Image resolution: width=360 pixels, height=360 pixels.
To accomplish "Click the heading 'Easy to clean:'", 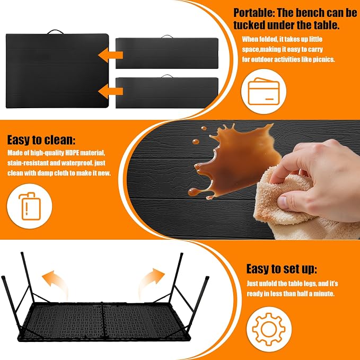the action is click(41, 139).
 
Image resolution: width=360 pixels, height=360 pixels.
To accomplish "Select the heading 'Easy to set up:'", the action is click(282, 269).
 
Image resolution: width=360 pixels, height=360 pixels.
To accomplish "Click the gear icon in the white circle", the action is click(269, 329).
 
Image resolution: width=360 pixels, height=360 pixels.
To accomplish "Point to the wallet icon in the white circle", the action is click(264, 91).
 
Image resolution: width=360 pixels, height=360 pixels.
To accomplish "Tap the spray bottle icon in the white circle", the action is click(29, 206).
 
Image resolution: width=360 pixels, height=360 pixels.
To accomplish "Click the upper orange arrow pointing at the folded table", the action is click(110, 55).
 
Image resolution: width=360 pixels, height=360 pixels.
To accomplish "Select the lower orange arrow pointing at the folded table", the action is click(110, 91).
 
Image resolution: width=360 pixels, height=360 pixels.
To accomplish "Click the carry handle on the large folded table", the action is click(55, 32).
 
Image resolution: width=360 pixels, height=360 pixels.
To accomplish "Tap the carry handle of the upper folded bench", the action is click(167, 37).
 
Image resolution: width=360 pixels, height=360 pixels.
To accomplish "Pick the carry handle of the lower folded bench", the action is click(167, 76).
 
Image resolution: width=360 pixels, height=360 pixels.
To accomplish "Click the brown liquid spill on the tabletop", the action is click(234, 161).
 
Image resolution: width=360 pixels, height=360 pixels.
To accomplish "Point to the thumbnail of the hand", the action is click(283, 202).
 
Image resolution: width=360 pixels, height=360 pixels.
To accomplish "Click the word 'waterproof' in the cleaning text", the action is click(74, 163).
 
